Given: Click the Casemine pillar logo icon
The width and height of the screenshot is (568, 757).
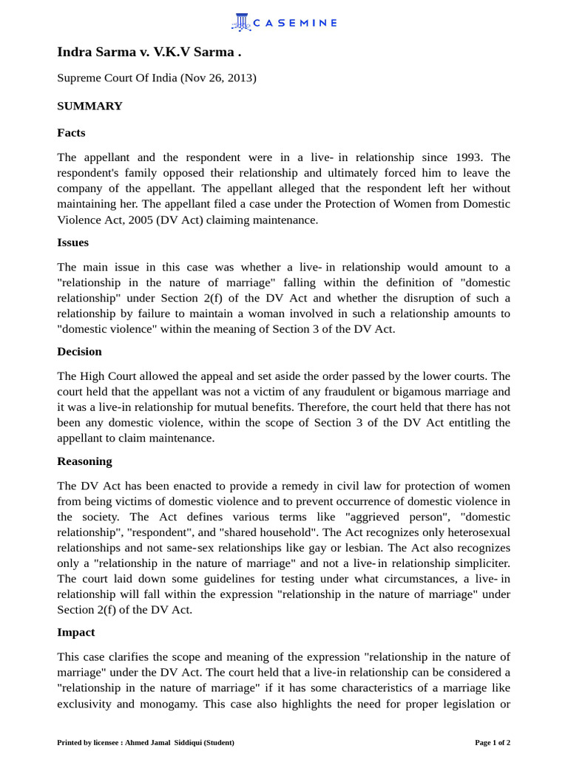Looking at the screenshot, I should coord(241,22).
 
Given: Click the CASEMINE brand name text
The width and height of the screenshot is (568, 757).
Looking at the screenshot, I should coord(295,23).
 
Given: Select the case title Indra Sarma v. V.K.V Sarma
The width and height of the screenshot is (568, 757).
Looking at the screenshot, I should coord(149,52).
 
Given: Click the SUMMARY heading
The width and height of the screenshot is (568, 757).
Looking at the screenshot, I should coord(89,106).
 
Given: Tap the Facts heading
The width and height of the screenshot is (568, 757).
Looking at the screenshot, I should coord(71,132).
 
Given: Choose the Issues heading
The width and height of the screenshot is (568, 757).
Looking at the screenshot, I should coord(72,242).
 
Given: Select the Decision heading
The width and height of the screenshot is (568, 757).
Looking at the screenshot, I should coord(79,351).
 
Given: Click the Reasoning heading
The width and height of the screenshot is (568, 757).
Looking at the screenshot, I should coord(84,461).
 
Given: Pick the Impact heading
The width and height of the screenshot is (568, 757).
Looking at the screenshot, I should coord(75,632).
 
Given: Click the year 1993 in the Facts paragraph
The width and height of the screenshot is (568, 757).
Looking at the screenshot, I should coord(465,157).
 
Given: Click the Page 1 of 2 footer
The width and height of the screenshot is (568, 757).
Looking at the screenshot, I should coord(492,742).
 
